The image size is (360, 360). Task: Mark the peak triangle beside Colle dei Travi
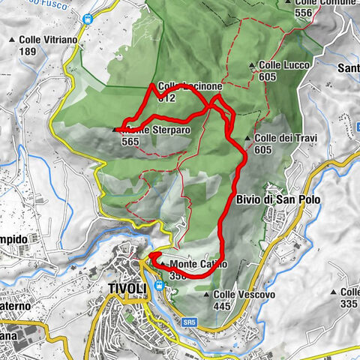coord(247,139)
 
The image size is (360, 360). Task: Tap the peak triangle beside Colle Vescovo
coord(208,295)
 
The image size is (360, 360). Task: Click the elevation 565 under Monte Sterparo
coord(129,141)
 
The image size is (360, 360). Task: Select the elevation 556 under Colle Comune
coord(304,13)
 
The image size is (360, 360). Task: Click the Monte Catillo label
coord(193,264)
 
